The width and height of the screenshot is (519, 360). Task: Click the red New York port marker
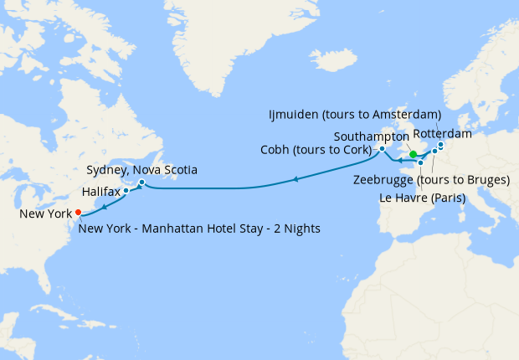(x=78, y=212)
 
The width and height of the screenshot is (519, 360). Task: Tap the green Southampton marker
(x=414, y=154)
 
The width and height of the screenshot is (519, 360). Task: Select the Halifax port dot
(x=126, y=191)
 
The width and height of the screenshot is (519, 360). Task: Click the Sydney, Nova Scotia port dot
(x=142, y=183)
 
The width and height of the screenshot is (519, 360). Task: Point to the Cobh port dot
(x=382, y=149)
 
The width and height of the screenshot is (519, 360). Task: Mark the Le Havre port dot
(x=420, y=162)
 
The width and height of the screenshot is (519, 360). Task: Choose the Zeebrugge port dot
(x=434, y=152)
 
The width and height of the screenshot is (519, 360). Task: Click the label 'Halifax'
(x=101, y=192)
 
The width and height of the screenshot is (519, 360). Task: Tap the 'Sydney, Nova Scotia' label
(x=142, y=170)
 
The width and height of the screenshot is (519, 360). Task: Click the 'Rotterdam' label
(x=442, y=133)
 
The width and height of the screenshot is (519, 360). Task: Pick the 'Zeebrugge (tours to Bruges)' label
(x=432, y=180)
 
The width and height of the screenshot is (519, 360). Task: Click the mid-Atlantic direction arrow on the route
(x=296, y=178)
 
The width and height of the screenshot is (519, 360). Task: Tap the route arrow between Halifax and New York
(x=105, y=205)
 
